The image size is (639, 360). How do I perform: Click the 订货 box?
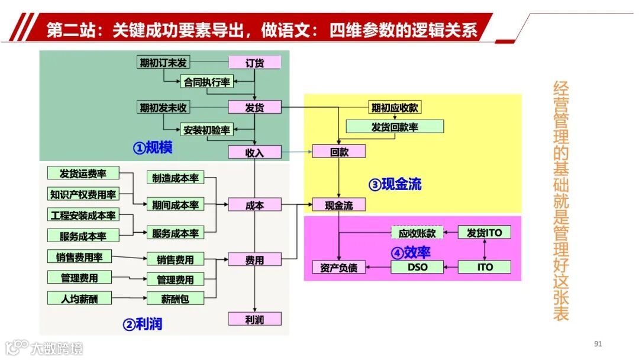point(254,63)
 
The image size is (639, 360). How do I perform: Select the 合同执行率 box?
point(206,82)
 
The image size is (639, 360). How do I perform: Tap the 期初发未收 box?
point(163,107)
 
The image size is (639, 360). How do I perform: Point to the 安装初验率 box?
point(206,130)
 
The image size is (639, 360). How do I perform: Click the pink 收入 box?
point(254,152)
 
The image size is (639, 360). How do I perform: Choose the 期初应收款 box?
point(395,108)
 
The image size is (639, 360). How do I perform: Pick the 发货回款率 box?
point(395,127)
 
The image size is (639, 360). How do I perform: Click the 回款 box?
point(339,152)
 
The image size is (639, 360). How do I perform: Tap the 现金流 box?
point(339,205)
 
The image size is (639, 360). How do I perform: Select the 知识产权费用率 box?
point(83,194)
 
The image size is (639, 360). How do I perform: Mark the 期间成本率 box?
point(175,205)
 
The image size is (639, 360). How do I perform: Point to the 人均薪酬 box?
point(79,298)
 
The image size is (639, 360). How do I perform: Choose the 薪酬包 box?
point(175,298)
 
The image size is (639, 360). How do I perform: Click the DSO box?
point(417,267)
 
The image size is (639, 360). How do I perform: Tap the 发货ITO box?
point(484,233)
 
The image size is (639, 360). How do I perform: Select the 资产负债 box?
point(339,268)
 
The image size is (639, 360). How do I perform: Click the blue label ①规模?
point(152,147)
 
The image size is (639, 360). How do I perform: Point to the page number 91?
point(598,344)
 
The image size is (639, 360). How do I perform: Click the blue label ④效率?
point(411,252)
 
